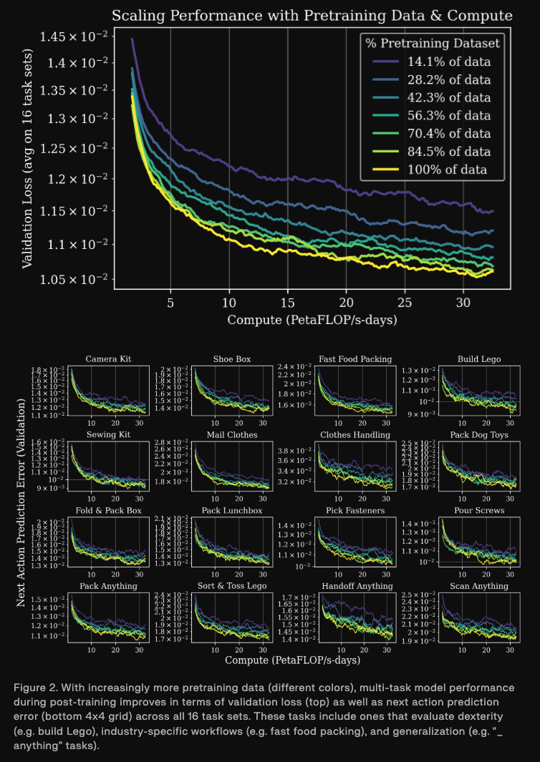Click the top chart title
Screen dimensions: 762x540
[x=313, y=15]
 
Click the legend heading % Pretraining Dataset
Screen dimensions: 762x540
[x=433, y=43]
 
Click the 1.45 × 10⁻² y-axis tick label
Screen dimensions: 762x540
[x=72, y=36]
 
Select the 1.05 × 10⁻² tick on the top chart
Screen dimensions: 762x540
[x=72, y=278]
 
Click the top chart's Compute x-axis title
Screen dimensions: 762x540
[x=312, y=319]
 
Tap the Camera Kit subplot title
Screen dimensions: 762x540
[x=108, y=358]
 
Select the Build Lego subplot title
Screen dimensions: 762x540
[x=479, y=358]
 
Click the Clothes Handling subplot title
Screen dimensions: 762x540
[x=355, y=434]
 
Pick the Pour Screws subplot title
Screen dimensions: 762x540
[x=479, y=510]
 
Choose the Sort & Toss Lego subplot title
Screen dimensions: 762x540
[x=231, y=586]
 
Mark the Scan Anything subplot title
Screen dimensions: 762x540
[x=479, y=586]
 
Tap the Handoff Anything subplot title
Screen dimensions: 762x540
[x=355, y=586]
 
